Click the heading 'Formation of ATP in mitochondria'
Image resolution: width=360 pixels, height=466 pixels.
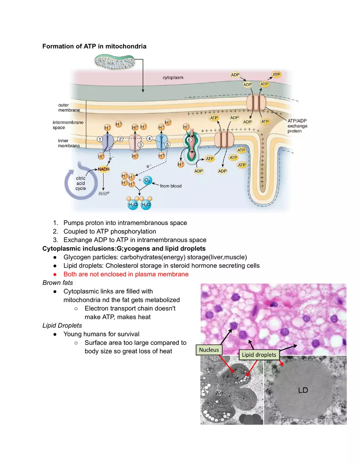[94, 46]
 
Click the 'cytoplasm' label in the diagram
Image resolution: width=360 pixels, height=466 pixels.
[173, 77]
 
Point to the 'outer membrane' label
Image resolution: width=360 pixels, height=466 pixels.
[66, 108]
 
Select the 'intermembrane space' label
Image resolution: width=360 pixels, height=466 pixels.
[68, 125]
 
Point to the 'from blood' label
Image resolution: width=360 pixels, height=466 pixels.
[171, 186]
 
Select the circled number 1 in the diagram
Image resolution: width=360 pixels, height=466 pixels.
[99, 139]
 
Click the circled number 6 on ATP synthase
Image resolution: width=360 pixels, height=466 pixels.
[189, 140]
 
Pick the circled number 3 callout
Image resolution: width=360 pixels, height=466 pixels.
[140, 144]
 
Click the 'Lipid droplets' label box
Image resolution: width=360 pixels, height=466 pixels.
[258, 355]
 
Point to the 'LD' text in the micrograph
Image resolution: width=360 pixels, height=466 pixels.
[303, 390]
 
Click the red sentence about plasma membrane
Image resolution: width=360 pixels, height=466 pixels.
[126, 274]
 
